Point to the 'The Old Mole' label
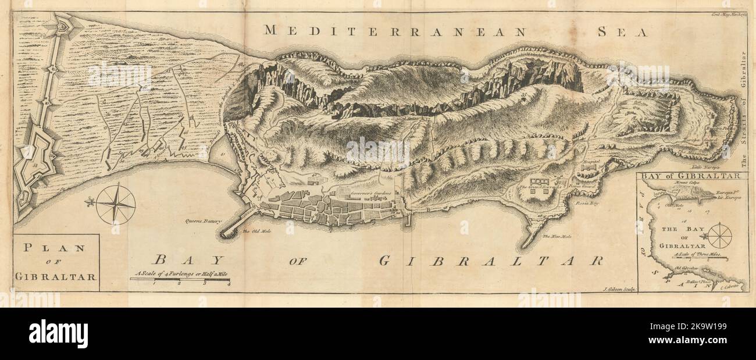pyautogui.click(x=254, y=232)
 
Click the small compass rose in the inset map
pyautogui.click(x=719, y=235)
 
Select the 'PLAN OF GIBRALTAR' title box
pyautogui.click(x=56, y=262)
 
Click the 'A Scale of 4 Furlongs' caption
pyautogui.click(x=180, y=273)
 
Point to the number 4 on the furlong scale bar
pyautogui.click(x=229, y=284)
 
